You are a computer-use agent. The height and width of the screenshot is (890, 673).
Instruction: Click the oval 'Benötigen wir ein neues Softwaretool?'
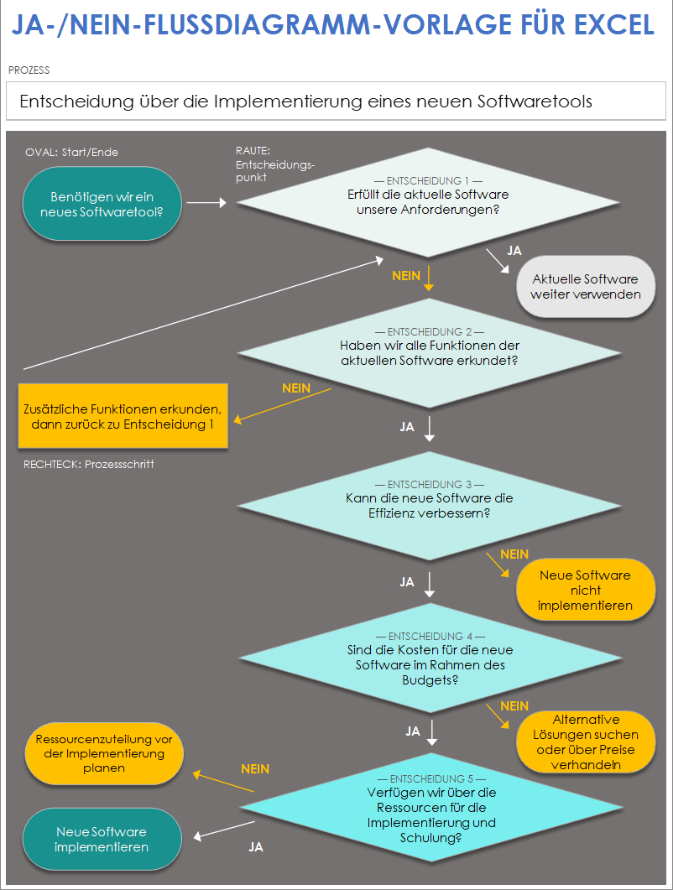coord(102,204)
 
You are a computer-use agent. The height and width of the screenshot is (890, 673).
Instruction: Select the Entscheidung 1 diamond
coord(430,201)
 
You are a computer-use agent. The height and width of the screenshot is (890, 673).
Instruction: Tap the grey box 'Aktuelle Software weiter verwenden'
coord(585,287)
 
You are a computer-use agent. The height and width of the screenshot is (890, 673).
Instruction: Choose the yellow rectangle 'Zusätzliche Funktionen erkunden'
coord(123,416)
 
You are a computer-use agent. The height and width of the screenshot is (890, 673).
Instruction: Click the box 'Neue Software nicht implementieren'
coord(585,590)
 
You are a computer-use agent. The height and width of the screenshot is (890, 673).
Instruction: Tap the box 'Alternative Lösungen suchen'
coord(586,742)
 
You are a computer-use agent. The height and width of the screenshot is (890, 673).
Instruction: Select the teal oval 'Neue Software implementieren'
coord(102,839)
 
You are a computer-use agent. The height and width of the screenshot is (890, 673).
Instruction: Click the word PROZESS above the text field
coord(29,70)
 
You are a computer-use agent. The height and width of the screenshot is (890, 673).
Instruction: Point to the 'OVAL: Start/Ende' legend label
coord(71,153)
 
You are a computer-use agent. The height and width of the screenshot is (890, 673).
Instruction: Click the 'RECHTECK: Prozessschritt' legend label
coord(88,464)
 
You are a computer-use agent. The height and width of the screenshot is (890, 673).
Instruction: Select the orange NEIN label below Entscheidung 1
coord(406,275)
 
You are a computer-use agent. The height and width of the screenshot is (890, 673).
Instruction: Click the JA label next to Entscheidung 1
coord(515,250)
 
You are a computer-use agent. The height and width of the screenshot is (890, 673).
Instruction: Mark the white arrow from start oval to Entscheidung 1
coord(206,202)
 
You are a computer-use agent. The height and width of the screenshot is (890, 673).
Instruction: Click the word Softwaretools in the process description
coord(535,101)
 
